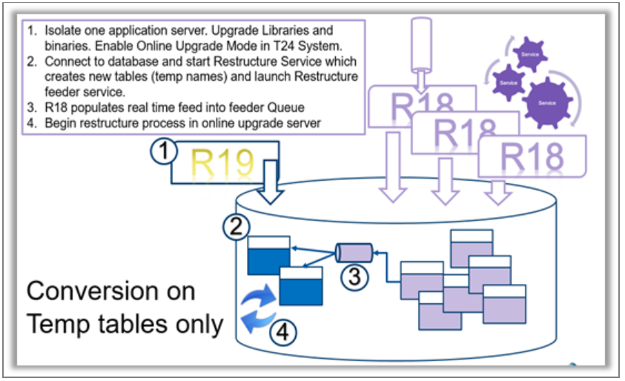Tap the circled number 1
(x=165, y=152)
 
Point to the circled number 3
(x=355, y=277)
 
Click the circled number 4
(x=282, y=333)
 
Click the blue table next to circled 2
(x=268, y=254)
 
